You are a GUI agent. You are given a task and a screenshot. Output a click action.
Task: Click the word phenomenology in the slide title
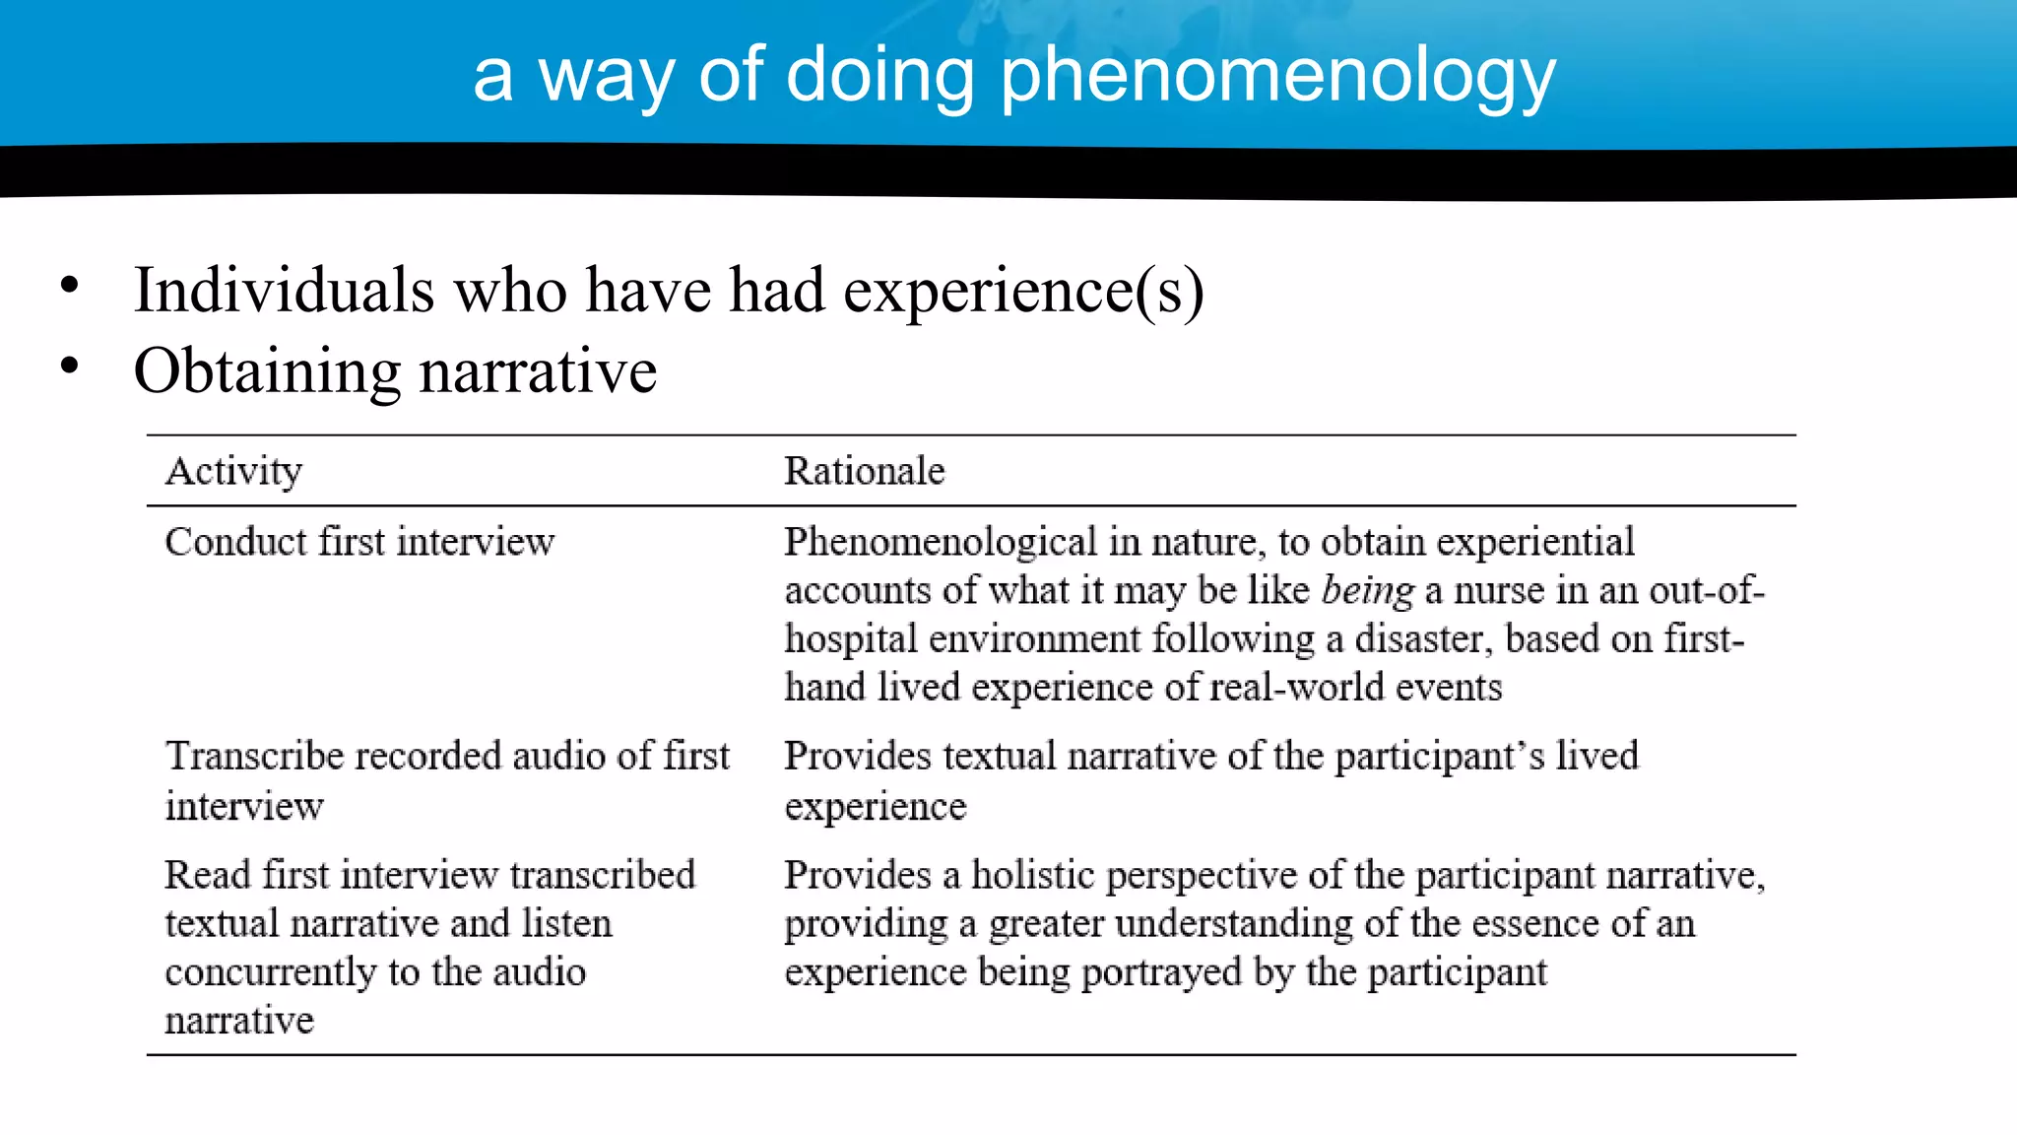pyautogui.click(x=1277, y=77)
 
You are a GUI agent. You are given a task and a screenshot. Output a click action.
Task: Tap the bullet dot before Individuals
pyautogui.click(x=69, y=286)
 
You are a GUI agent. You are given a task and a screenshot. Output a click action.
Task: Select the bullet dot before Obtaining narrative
pyautogui.click(x=69, y=367)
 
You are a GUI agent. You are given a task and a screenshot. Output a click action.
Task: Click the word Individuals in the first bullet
pyautogui.click(x=284, y=291)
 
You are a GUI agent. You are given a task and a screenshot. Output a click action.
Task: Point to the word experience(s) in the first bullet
pyautogui.click(x=1023, y=291)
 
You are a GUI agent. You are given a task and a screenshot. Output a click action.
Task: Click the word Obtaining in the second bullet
pyautogui.click(x=266, y=372)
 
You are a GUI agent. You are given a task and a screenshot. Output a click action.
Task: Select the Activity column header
pyautogui.click(x=233, y=471)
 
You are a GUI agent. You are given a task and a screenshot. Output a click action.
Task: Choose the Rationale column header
pyautogui.click(x=864, y=471)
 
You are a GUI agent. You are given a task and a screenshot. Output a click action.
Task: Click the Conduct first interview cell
pyautogui.click(x=359, y=542)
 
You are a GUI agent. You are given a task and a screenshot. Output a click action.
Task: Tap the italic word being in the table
pyautogui.click(x=1367, y=591)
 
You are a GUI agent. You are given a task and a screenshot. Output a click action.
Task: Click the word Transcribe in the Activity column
pyautogui.click(x=254, y=757)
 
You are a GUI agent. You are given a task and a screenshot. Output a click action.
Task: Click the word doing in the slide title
pyautogui.click(x=879, y=75)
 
